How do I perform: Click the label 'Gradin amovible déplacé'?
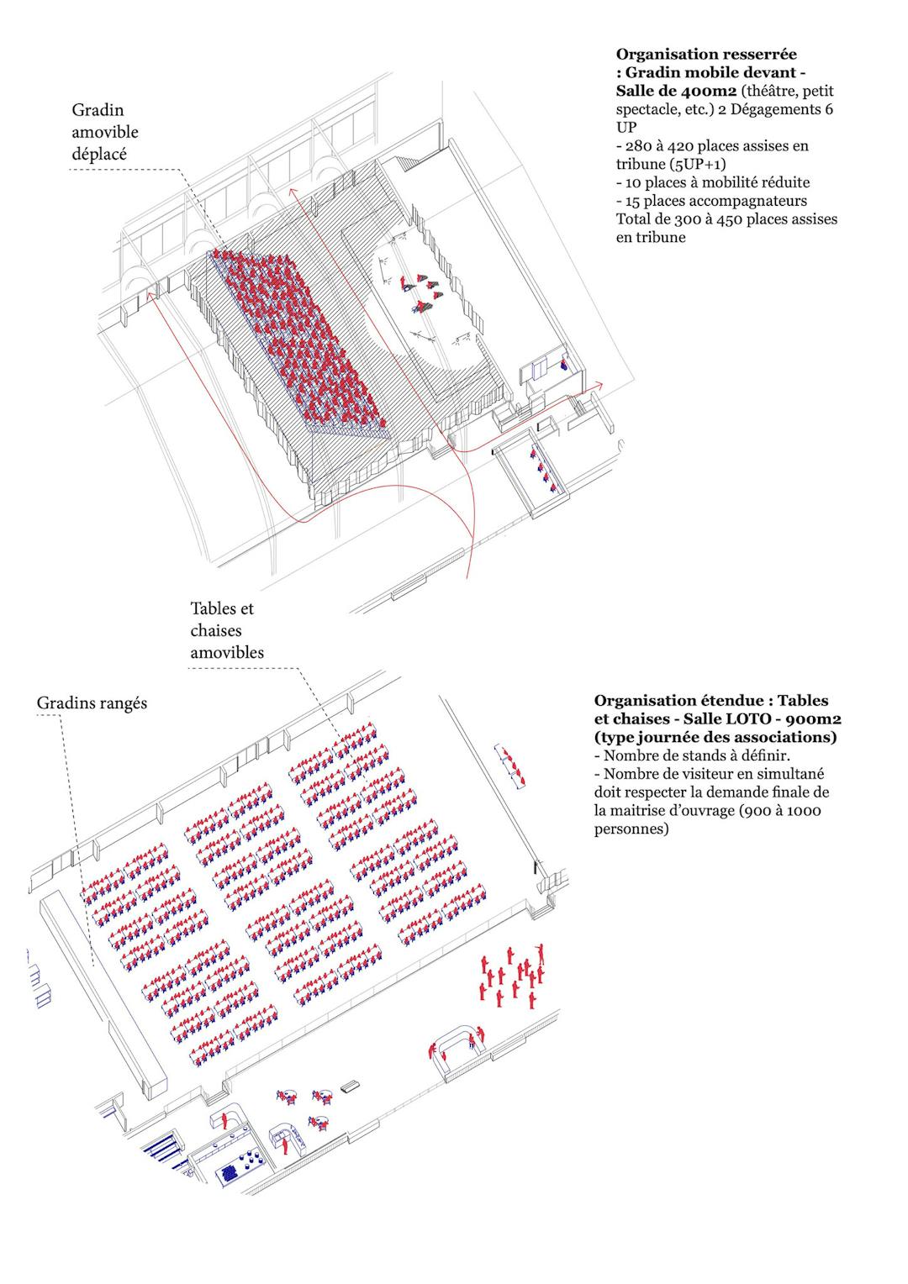coord(105,132)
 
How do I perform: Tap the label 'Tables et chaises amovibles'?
coord(227,630)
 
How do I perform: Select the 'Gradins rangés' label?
coord(92,703)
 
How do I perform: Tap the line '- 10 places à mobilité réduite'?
coord(713,182)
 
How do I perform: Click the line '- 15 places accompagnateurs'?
coord(711,201)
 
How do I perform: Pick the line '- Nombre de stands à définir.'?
coord(692,755)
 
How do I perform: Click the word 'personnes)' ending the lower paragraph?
coord(631,829)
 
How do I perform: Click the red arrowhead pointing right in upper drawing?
coord(599,385)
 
